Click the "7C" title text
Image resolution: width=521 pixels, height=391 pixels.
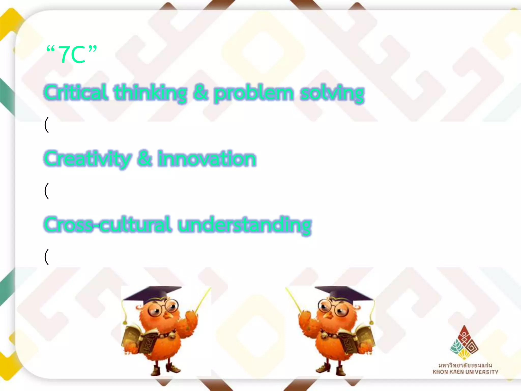tap(71, 54)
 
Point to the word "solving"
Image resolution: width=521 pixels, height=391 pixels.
tap(332, 94)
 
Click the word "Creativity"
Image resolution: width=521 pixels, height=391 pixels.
tap(88, 159)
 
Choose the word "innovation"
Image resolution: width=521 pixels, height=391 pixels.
tap(207, 159)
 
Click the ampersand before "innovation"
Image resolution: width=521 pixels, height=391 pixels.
tap(144, 158)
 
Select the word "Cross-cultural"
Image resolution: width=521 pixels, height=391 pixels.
tap(107, 225)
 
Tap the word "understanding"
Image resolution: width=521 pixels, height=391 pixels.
tap(244, 225)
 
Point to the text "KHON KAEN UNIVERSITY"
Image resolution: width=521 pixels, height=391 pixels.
tap(465, 372)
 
